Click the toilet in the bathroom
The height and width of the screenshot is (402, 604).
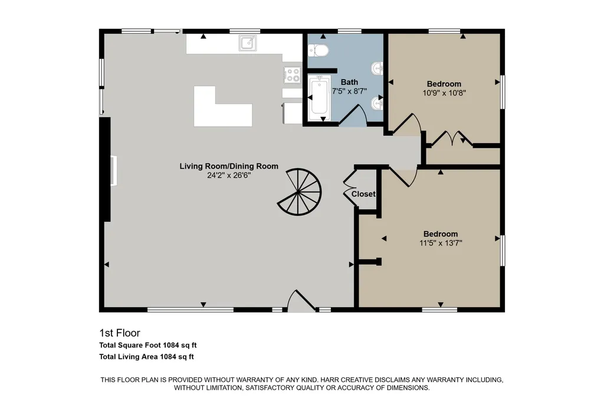318,51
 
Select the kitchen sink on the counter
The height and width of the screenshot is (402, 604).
247,43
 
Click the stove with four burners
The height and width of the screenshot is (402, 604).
293,75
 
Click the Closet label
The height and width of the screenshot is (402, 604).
363,194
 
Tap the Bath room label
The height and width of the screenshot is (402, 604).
349,82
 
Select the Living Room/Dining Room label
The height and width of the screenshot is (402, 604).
229,166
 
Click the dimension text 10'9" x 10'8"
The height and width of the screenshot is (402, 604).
444,93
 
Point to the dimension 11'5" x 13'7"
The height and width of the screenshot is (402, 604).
441,243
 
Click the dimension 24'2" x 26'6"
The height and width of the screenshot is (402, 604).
229,176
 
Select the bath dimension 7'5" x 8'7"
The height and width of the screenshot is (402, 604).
349,91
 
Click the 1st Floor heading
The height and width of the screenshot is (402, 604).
120,333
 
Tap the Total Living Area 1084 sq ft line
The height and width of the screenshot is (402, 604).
146,357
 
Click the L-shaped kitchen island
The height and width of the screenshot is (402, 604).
223,107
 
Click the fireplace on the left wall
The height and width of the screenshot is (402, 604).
114,170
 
